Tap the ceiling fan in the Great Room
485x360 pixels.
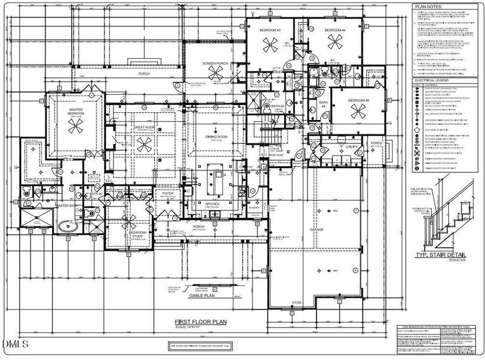pos(143,143)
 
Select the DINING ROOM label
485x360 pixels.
pos(215,136)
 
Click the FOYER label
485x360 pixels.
pos(167,194)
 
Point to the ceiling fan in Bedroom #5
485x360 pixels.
pos(359,110)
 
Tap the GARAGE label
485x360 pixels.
pos(317,229)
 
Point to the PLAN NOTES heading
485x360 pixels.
pos(428,7)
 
